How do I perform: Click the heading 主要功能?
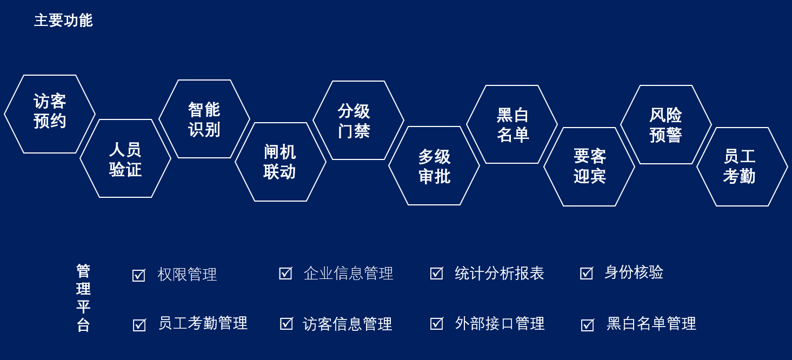pyautogui.click(x=63, y=20)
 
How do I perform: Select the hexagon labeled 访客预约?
pyautogui.click(x=50, y=114)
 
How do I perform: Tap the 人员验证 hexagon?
pyautogui.click(x=125, y=158)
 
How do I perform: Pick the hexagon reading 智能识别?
pyautogui.click(x=204, y=119)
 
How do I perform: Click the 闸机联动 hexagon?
pyautogui.click(x=281, y=162)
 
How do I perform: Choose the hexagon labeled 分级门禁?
pyautogui.click(x=358, y=120)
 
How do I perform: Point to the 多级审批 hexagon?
pyautogui.click(x=434, y=165)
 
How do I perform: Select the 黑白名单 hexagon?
pyautogui.click(x=512, y=124)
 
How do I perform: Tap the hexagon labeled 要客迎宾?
pyautogui.click(x=589, y=166)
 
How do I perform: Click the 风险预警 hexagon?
pyautogui.click(x=666, y=124)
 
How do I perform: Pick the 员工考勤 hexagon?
pyautogui.click(x=742, y=166)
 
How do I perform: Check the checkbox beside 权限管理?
pyautogui.click(x=138, y=275)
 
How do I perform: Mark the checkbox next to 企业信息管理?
pyautogui.click(x=285, y=273)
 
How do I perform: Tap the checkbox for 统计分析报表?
pyautogui.click(x=437, y=273)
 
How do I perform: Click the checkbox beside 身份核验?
pyautogui.click(x=587, y=273)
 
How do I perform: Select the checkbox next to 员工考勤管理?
pyautogui.click(x=139, y=325)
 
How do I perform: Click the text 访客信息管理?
pyautogui.click(x=347, y=324)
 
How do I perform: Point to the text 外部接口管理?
pyautogui.click(x=500, y=323)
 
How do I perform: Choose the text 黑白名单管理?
pyautogui.click(x=651, y=323)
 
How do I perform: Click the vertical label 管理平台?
pyautogui.click(x=83, y=298)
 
